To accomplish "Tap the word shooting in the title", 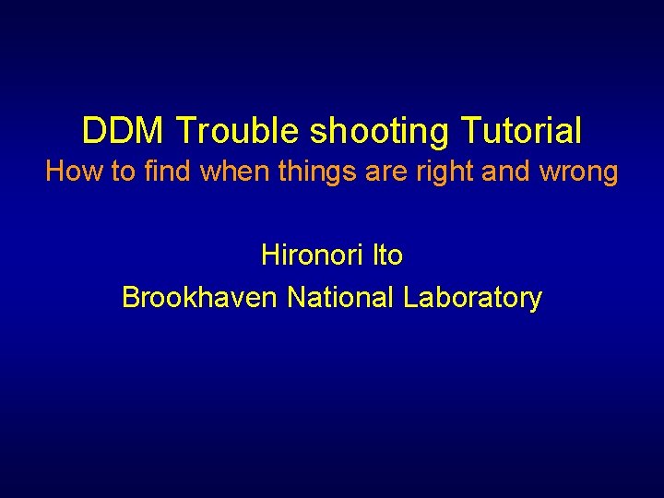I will point(380,133).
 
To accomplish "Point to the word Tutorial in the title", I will point(522,131).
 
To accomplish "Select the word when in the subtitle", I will point(222,172).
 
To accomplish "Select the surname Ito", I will point(387,255).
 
